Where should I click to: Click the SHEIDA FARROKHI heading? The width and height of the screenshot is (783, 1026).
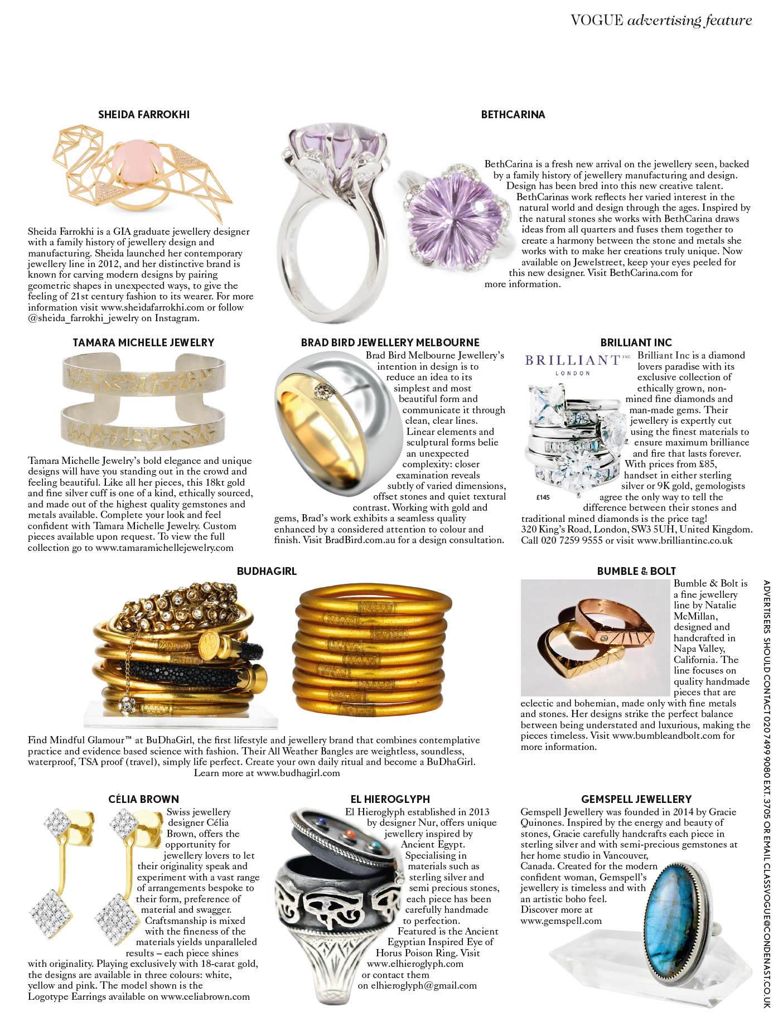144,115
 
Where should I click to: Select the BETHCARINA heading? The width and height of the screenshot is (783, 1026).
513,115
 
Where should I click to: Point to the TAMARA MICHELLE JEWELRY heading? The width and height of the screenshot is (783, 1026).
144,343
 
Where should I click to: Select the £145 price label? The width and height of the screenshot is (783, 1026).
543,497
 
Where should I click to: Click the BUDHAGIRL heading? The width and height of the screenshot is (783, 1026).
267,572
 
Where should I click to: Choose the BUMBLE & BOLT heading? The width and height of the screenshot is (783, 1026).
636,572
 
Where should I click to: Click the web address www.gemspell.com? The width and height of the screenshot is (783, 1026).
561,921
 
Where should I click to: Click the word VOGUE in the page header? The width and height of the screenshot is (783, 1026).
597,21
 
